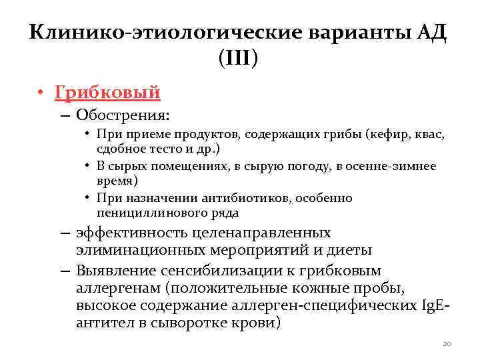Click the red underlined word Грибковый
point(107,92)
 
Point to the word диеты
point(349,251)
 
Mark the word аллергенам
point(117,287)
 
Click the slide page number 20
point(446,343)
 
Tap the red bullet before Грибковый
point(41,93)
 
